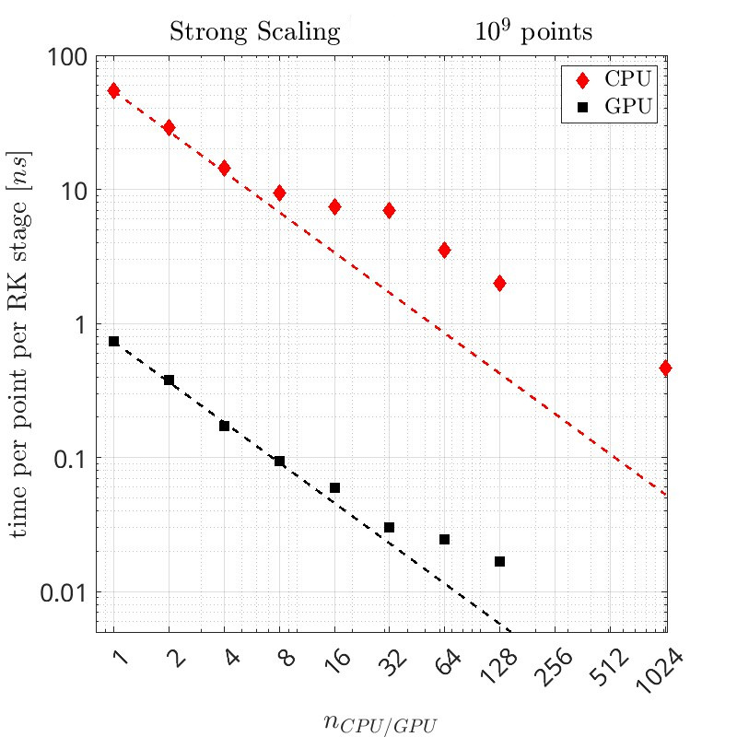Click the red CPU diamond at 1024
(665, 368)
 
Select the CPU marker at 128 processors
(499, 283)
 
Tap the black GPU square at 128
(499, 561)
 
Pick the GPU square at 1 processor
(113, 341)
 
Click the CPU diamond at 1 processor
(113, 90)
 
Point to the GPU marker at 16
(334, 487)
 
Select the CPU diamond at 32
(389, 210)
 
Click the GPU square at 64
(444, 539)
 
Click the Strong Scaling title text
(253, 32)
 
